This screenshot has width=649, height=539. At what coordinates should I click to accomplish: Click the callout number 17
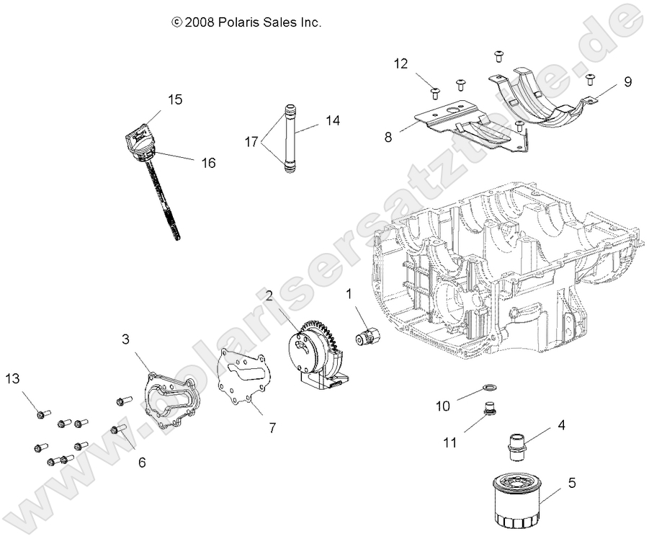251,143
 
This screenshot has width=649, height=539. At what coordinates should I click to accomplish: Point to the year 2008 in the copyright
200,22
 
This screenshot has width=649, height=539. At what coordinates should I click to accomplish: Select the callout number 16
207,163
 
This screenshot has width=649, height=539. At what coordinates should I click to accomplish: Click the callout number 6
141,462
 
